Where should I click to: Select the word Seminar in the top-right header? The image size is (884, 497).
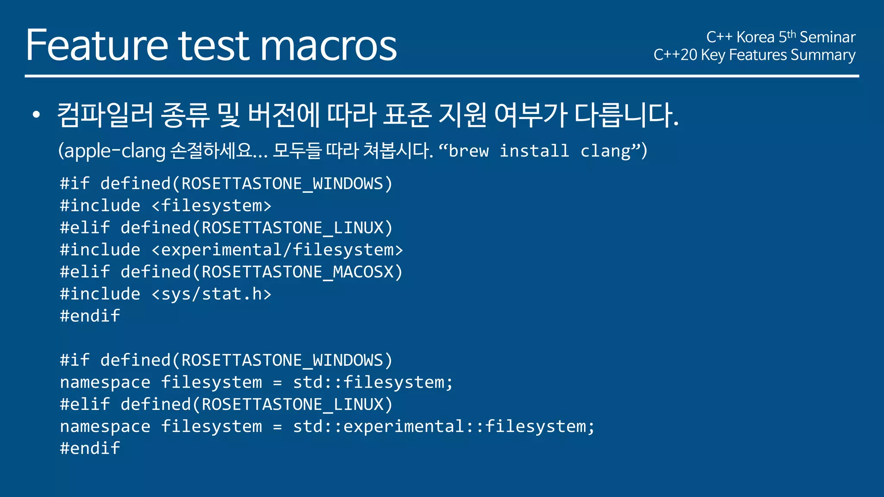coord(827,38)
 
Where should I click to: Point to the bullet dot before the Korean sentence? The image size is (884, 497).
coord(36,115)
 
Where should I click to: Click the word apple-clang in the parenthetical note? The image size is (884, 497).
coord(112,151)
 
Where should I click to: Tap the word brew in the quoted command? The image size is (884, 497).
coord(469,151)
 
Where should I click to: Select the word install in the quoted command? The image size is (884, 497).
coord(534,151)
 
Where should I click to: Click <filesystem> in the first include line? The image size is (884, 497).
coord(212,206)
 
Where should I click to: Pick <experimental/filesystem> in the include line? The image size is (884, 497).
coord(277,250)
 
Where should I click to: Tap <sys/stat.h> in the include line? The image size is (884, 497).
coord(212,294)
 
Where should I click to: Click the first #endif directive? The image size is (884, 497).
coord(90,316)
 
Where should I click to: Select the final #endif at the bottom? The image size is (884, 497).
coord(90,449)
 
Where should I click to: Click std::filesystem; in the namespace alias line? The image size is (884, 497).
coord(373,382)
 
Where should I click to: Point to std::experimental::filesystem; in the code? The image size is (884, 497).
coord(444,427)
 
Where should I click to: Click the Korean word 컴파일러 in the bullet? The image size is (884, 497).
coord(105,115)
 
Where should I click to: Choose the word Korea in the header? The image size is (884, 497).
coord(755,38)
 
